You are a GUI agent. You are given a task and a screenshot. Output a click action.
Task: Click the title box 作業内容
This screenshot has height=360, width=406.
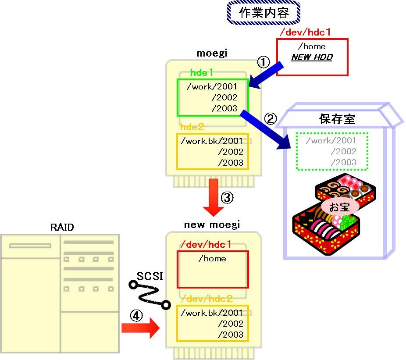264,12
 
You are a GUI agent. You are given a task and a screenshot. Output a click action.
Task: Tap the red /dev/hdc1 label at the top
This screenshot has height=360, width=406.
305,32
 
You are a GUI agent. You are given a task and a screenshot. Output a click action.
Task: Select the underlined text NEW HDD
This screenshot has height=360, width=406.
312,57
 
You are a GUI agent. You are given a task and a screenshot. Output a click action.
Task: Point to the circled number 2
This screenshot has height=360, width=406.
271,118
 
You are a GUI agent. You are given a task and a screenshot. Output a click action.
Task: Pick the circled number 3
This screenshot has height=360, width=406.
227,198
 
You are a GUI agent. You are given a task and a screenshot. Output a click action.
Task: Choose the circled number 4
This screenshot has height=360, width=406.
136,315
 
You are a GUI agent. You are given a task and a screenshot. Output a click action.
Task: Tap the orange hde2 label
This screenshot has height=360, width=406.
192,127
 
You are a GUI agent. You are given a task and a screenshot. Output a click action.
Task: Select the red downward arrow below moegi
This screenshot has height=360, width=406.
214,197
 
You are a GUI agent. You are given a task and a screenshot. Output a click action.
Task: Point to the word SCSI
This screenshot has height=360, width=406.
150,276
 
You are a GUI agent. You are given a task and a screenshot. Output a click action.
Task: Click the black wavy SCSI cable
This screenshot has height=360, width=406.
148,295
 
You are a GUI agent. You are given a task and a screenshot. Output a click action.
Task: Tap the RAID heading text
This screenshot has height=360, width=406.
62,227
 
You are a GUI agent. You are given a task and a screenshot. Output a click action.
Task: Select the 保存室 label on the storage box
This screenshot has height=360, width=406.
337,119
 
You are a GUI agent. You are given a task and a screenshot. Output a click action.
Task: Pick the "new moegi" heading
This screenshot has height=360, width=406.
212,225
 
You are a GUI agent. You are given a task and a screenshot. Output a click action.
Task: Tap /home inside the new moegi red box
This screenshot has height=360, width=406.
212,259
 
